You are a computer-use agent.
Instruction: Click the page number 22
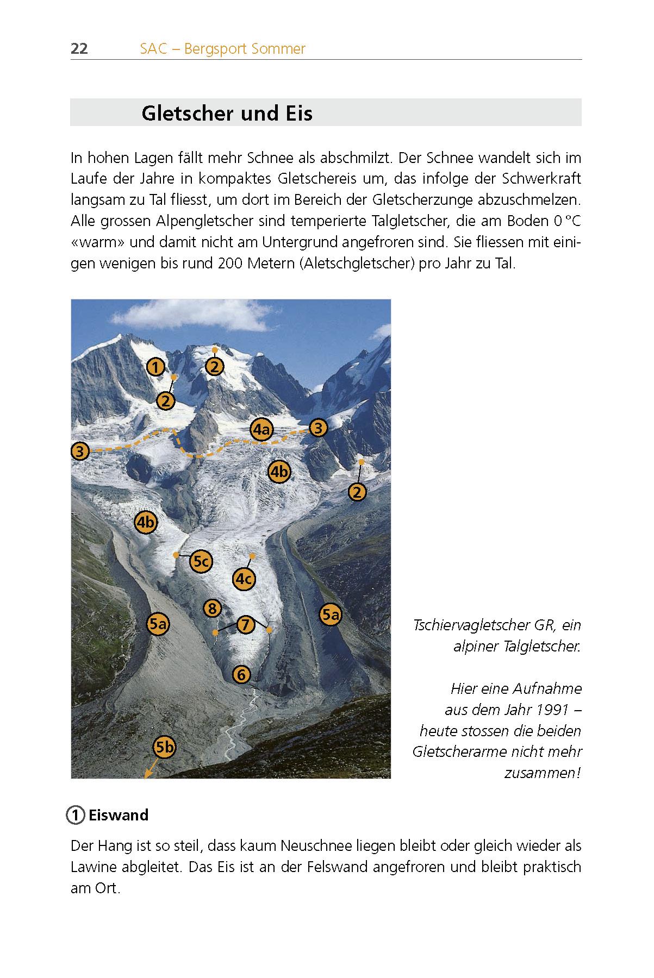pos(79,49)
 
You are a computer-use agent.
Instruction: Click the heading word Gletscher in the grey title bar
pos(180,113)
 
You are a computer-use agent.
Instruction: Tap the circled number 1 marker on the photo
pos(155,367)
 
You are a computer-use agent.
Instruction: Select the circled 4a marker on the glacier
pos(261,429)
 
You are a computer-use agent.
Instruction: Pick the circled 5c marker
pos(201,561)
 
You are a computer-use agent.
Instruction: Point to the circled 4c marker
pos(244,579)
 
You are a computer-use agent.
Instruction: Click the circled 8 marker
pos(212,608)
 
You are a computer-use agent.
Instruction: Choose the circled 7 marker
pos(245,624)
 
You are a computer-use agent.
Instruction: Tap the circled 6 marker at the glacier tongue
pos(241,675)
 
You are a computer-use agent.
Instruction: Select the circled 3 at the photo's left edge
pos(80,451)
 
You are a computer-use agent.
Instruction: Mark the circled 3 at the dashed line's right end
pos(318,428)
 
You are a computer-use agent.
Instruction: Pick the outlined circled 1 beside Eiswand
pos(76,815)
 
